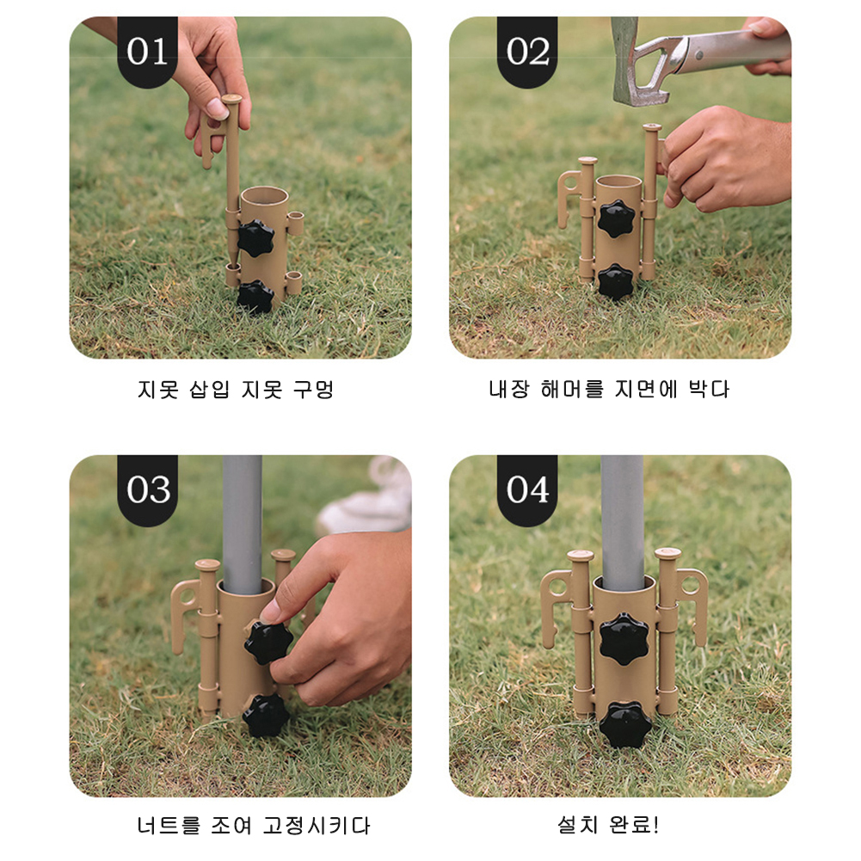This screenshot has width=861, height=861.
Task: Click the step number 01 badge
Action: click(x=147, y=52)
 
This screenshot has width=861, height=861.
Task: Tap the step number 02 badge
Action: click(x=527, y=52)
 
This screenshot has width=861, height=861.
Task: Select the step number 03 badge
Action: click(x=147, y=489)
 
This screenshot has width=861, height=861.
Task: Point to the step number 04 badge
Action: click(x=527, y=489)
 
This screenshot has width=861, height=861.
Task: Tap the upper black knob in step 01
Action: click(x=255, y=238)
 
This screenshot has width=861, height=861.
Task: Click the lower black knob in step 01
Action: click(x=255, y=297)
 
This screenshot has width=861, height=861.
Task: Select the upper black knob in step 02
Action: click(x=616, y=218)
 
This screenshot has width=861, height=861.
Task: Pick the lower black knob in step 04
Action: click(x=625, y=724)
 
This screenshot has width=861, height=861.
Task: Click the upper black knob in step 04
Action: click(x=624, y=638)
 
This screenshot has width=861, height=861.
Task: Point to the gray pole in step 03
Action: click(x=243, y=525)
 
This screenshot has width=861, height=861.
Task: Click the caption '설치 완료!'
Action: click(x=608, y=824)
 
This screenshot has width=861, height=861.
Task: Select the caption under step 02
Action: click(x=609, y=389)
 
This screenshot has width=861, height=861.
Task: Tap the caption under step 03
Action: click(x=254, y=825)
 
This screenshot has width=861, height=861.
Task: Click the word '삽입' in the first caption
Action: click(x=209, y=390)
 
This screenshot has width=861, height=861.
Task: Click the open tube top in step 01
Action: click(x=265, y=195)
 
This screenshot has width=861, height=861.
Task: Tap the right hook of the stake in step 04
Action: click(x=692, y=604)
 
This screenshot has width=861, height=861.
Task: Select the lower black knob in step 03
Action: click(x=267, y=715)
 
